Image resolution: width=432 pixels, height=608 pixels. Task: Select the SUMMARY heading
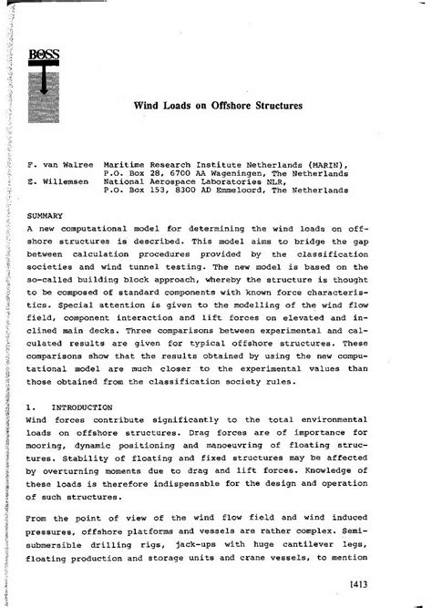click(x=45, y=217)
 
